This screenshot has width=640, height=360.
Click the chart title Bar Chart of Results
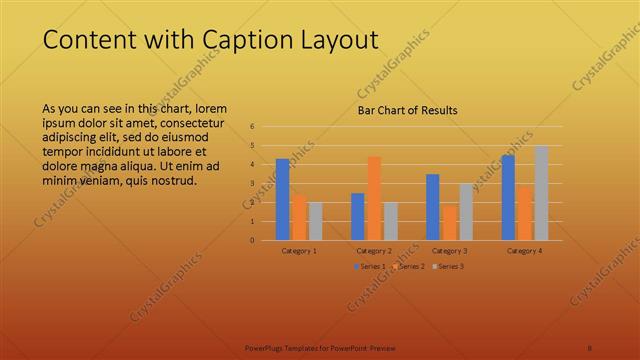(408, 110)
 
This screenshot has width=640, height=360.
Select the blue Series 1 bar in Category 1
(283, 199)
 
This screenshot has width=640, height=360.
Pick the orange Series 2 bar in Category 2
(374, 198)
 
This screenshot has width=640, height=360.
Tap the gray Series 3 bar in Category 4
(540, 193)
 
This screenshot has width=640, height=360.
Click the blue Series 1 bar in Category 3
(433, 207)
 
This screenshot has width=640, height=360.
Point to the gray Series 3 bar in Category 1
(315, 221)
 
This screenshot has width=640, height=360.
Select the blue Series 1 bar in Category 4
(508, 197)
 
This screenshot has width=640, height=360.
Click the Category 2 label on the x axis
(374, 250)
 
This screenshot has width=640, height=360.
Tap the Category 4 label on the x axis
(524, 250)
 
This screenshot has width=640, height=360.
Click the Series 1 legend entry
(369, 266)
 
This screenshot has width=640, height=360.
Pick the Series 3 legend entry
(449, 266)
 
